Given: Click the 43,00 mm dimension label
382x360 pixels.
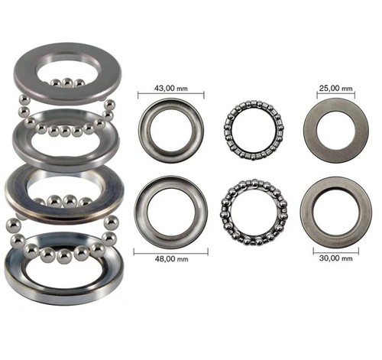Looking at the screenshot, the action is tap(171, 88).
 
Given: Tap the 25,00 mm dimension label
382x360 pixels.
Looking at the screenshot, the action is tap(336, 88).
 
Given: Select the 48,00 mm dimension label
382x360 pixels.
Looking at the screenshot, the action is tap(172, 259).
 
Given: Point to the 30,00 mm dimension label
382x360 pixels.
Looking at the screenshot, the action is tap(336, 258).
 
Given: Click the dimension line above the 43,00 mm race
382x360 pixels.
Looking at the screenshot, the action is tap(171, 95).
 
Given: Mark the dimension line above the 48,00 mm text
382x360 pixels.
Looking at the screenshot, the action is tap(171, 252).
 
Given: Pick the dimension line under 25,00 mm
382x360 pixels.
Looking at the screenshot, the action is tap(336, 95).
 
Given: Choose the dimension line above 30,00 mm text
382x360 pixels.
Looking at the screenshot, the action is tap(336, 251).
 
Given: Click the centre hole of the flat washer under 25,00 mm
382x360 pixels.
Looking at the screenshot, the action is tap(336, 131).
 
